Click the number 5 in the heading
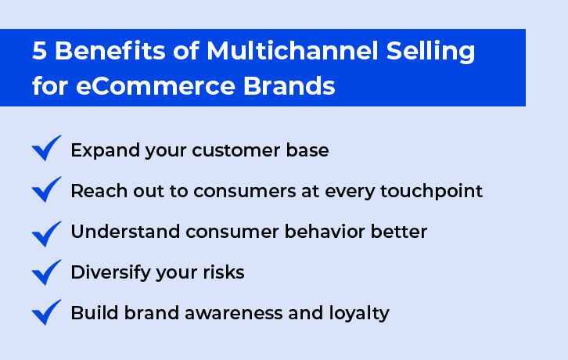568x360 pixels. click(x=39, y=50)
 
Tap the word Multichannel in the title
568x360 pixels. click(x=293, y=50)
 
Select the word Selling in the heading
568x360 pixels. click(x=431, y=51)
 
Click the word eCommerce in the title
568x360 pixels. click(x=156, y=86)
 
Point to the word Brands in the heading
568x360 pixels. click(x=289, y=85)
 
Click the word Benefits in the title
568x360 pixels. click(x=110, y=50)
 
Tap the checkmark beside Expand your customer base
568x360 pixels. click(x=46, y=148)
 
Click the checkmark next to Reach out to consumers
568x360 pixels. click(x=46, y=189)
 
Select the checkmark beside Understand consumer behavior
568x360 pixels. click(x=46, y=234)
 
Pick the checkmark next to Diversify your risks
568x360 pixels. click(x=46, y=272)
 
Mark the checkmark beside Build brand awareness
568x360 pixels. click(x=46, y=312)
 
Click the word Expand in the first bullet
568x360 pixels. click(x=106, y=151)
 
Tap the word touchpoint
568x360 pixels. click(x=431, y=191)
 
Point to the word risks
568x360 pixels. click(x=224, y=272)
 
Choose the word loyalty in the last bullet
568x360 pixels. click(x=359, y=313)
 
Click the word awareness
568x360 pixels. click(x=234, y=313)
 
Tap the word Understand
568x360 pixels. click(x=125, y=232)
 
